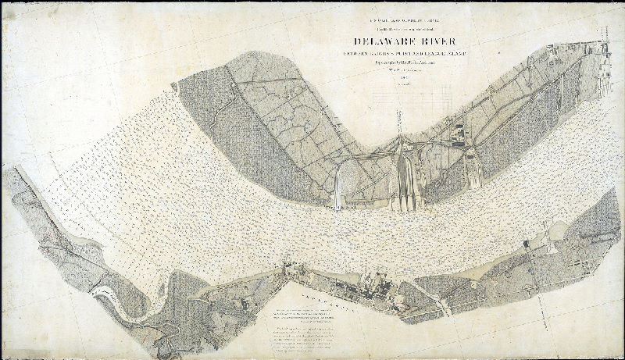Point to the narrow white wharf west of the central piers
coord(337,191)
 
